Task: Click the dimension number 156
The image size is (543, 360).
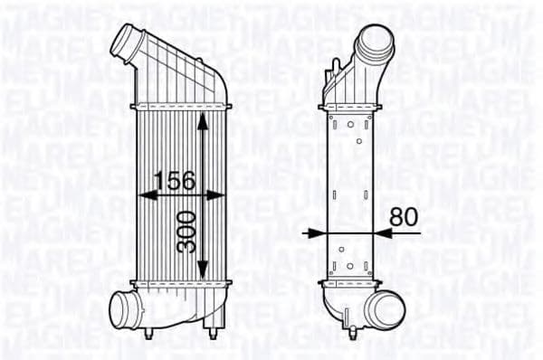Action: point(173,180)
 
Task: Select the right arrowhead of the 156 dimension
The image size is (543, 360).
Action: point(216,194)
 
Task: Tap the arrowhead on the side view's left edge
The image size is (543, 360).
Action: point(313,232)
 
